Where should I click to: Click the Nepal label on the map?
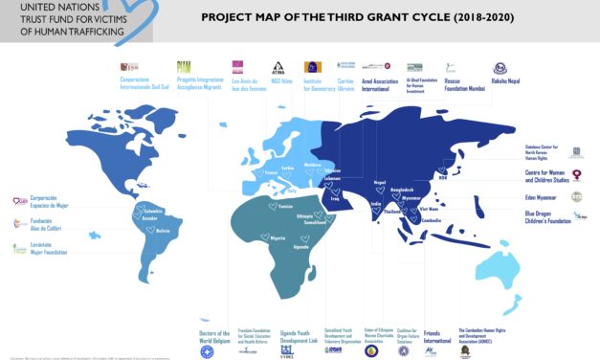[x=380, y=182]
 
